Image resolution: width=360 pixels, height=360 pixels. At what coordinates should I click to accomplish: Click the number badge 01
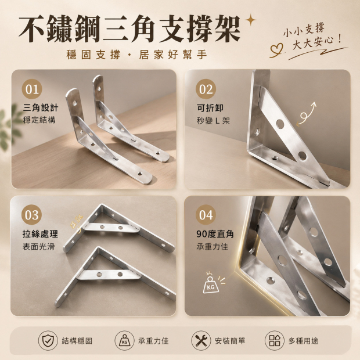tap(32, 89)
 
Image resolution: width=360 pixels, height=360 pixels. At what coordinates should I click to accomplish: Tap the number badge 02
tap(206, 89)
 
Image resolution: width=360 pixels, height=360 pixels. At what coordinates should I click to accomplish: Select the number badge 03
tap(32, 215)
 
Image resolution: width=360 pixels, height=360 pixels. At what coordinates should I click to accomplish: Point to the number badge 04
tap(206, 215)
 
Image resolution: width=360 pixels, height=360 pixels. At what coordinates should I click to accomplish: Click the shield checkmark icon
tap(48, 340)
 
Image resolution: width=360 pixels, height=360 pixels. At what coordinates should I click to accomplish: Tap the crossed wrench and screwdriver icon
tap(201, 340)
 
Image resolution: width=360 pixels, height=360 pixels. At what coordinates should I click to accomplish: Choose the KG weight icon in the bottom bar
tap(124, 340)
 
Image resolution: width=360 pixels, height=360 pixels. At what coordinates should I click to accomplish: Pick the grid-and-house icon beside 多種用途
tap(275, 340)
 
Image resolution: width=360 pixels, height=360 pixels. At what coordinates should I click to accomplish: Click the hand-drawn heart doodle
tap(276, 50)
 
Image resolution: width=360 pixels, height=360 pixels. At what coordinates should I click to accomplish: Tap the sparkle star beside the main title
tap(250, 20)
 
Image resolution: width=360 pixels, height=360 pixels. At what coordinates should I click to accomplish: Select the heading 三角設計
tap(41, 107)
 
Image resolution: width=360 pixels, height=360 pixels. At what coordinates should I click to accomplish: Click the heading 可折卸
tap(210, 107)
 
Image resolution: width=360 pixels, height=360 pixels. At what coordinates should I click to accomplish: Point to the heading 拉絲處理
tap(40, 234)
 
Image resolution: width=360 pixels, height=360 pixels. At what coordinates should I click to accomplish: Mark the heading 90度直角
tap(215, 234)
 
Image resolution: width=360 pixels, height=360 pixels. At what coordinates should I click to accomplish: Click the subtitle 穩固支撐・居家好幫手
tap(137, 55)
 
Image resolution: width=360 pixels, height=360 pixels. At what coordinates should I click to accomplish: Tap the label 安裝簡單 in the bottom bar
tap(230, 341)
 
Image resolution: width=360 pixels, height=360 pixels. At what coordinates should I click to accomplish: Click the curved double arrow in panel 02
tap(306, 114)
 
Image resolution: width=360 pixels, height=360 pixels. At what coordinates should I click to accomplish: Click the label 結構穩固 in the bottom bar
tap(77, 341)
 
